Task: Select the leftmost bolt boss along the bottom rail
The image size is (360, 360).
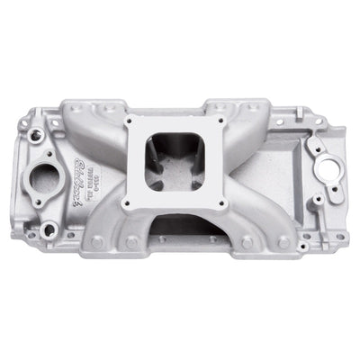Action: (95, 241)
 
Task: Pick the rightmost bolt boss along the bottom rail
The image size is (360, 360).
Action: (284, 242)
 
